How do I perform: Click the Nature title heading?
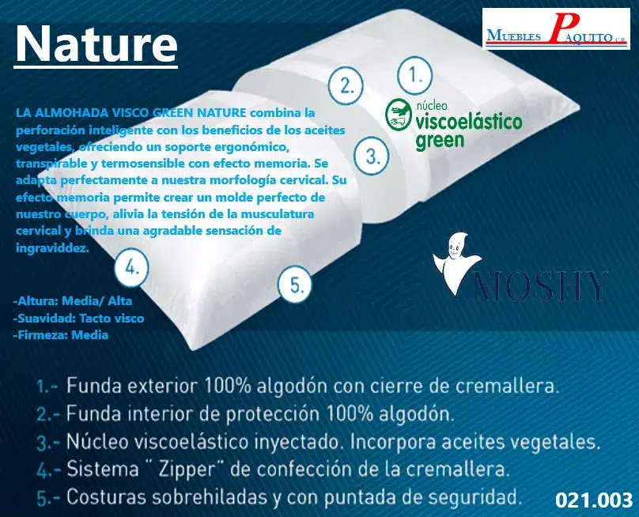click(96, 43)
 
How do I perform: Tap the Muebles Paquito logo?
click(556, 29)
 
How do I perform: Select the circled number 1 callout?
click(414, 75)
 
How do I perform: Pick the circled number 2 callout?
click(346, 85)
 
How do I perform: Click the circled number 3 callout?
click(371, 155)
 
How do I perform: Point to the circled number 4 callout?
click(131, 268)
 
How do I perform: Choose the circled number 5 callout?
click(295, 284)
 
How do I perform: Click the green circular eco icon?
click(398, 115)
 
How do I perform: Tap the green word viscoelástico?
click(469, 121)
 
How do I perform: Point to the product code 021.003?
click(594, 500)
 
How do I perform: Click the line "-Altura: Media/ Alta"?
click(73, 301)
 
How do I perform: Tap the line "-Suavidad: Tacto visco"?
click(78, 319)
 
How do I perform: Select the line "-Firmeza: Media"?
click(61, 335)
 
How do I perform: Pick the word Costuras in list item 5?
click(106, 496)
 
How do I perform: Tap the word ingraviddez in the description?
click(52, 247)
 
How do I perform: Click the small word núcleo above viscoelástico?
click(431, 106)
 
